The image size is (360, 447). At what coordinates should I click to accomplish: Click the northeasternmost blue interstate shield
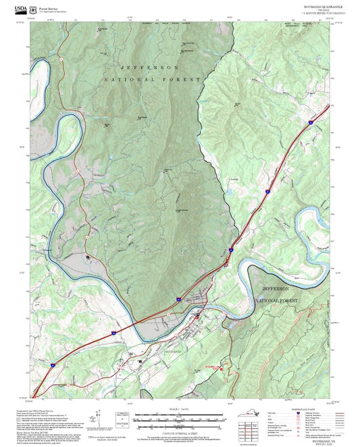310,122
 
